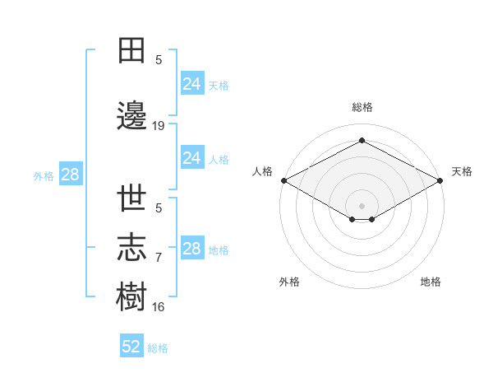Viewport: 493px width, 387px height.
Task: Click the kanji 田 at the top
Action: (131, 50)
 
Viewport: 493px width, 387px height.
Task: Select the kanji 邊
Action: (131, 115)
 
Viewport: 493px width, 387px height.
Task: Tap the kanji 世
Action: (131, 198)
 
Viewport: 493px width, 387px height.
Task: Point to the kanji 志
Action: (131, 247)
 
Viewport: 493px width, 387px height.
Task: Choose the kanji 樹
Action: (131, 296)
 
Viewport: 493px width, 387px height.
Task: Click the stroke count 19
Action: (158, 126)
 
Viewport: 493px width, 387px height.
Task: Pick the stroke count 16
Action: (158, 307)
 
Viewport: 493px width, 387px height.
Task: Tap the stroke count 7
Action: (159, 258)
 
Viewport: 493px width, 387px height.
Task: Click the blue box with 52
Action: (131, 345)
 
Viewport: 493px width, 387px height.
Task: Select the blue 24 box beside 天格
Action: (192, 83)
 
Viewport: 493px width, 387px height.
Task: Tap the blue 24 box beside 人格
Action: (192, 157)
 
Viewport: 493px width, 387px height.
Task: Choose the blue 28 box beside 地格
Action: (192, 247)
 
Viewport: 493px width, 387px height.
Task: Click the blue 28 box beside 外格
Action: (71, 174)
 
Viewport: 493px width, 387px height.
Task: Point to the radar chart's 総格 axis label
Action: (362, 107)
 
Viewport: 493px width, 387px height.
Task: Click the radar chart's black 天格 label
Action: (462, 171)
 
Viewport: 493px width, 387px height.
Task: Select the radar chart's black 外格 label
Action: (289, 282)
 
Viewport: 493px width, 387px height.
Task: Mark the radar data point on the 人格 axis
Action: (284, 180)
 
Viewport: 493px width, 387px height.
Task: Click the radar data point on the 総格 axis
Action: (362, 140)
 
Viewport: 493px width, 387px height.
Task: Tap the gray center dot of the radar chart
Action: (362, 206)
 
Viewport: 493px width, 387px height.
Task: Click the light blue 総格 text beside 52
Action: (158, 348)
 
